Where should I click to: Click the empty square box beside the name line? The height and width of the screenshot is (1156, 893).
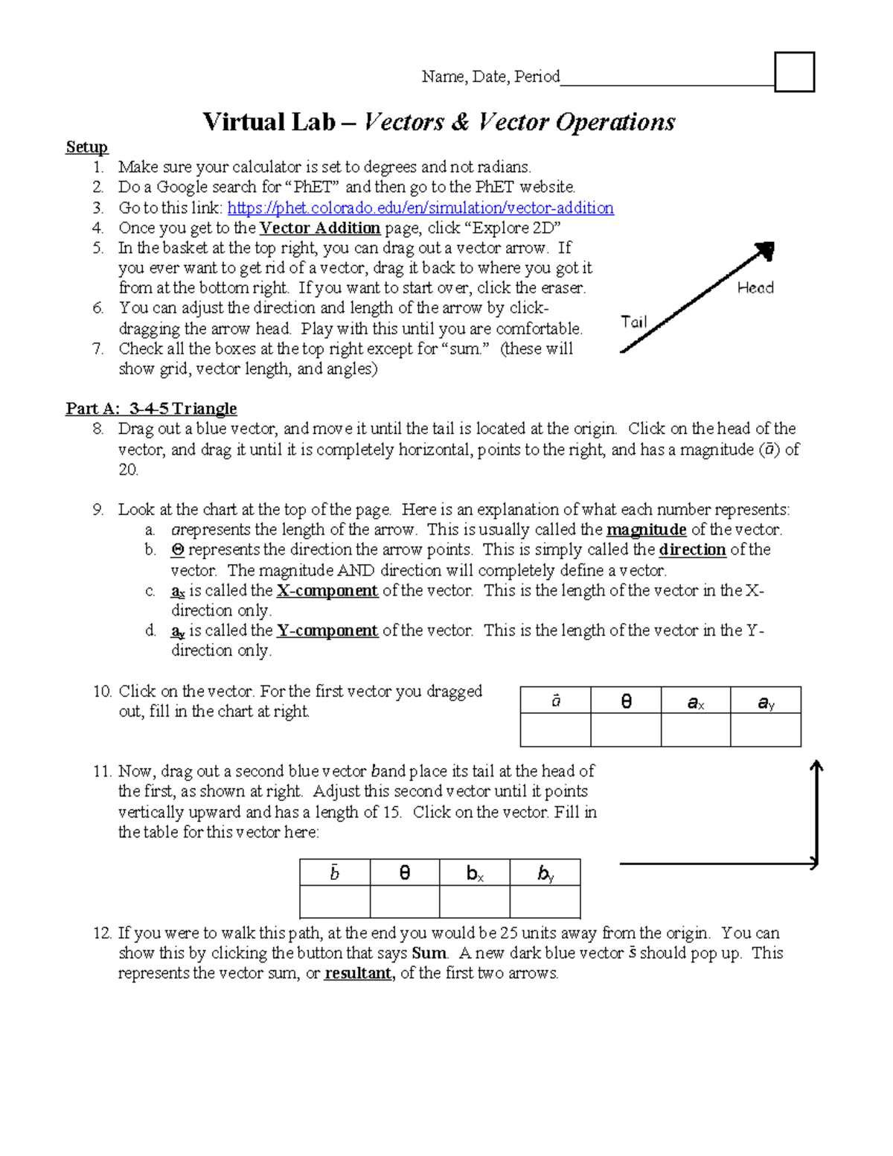pyautogui.click(x=794, y=72)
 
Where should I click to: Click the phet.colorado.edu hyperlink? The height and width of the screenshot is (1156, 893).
pyautogui.click(x=420, y=208)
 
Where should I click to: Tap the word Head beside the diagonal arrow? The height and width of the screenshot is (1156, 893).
pyautogui.click(x=755, y=288)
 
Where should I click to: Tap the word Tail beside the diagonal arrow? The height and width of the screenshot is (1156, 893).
pyautogui.click(x=634, y=322)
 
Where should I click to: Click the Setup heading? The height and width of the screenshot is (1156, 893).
pyautogui.click(x=86, y=147)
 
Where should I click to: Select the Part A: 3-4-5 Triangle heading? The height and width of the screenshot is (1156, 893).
pyautogui.click(x=151, y=409)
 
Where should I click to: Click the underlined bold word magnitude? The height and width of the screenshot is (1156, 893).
pyautogui.click(x=646, y=530)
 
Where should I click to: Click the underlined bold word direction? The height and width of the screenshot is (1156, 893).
pyautogui.click(x=692, y=550)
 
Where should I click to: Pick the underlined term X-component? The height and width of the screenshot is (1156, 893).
pyautogui.click(x=327, y=591)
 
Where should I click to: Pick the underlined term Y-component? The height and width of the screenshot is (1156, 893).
pyautogui.click(x=327, y=631)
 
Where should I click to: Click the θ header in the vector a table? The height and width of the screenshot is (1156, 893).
pyautogui.click(x=626, y=701)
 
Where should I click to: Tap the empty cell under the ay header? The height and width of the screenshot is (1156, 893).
pyautogui.click(x=765, y=730)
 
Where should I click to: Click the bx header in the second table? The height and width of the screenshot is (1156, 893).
pyautogui.click(x=475, y=874)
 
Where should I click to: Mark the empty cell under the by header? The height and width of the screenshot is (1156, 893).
pyautogui.click(x=545, y=902)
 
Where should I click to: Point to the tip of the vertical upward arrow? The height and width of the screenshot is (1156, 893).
pyautogui.click(x=816, y=764)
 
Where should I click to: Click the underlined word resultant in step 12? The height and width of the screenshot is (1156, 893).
pyautogui.click(x=358, y=974)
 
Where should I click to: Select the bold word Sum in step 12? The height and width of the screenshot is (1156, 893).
pyautogui.click(x=429, y=954)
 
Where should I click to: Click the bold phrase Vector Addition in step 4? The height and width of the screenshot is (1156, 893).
pyautogui.click(x=320, y=229)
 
